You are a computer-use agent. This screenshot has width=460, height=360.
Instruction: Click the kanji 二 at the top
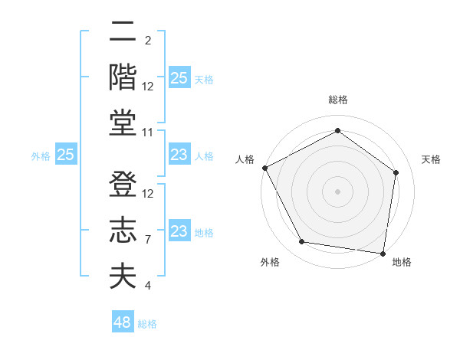tap(123, 33)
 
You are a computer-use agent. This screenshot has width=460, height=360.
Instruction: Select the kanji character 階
tap(123, 77)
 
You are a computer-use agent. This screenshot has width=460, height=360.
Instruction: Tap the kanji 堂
tap(123, 123)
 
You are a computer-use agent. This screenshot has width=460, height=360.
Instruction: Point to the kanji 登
tap(123, 185)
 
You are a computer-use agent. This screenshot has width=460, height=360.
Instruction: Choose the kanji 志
tap(123, 231)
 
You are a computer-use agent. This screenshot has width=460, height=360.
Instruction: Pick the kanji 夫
tap(123, 276)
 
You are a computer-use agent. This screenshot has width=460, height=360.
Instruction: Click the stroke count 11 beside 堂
tap(148, 133)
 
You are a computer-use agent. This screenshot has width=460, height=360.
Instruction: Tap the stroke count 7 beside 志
tap(148, 240)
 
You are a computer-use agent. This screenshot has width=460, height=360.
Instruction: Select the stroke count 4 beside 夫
tap(148, 286)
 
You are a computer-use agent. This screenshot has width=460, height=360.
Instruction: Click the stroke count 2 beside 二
tap(148, 41)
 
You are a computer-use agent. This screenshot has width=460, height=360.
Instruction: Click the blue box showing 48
tap(123, 322)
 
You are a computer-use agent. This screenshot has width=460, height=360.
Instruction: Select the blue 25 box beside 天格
tap(179, 78)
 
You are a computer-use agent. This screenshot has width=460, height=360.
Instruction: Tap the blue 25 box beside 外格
tap(66, 155)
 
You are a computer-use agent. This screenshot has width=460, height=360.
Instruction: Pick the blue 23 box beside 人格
tap(179, 155)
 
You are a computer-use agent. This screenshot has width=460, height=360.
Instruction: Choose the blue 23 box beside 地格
tap(179, 231)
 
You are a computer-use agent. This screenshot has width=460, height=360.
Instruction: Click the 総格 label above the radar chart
tap(337, 100)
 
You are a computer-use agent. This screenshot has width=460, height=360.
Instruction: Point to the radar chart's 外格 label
tap(270, 262)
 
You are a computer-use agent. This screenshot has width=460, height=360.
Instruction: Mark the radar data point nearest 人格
tap(264, 168)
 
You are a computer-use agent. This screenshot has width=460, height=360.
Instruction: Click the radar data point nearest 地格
tap(383, 253)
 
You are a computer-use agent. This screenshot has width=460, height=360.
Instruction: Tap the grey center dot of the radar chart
tap(337, 191)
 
